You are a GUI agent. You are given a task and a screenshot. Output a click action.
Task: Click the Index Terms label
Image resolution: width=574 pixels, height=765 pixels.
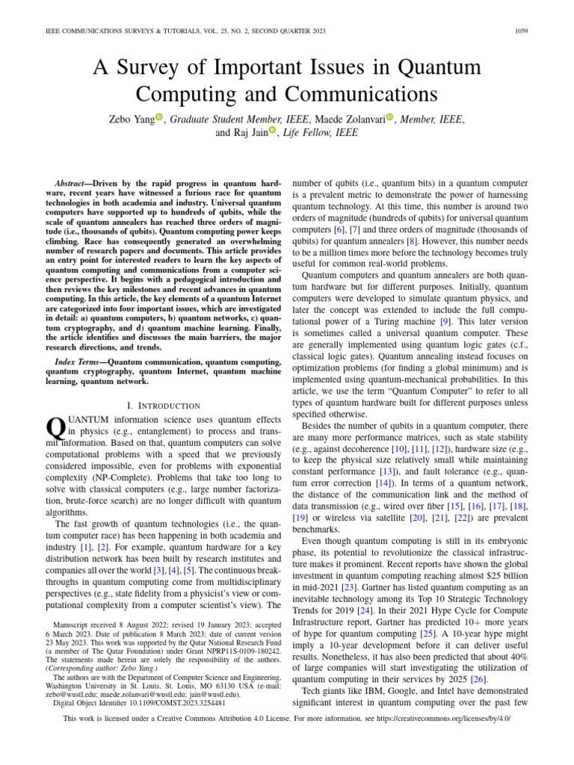pos(80,361)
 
